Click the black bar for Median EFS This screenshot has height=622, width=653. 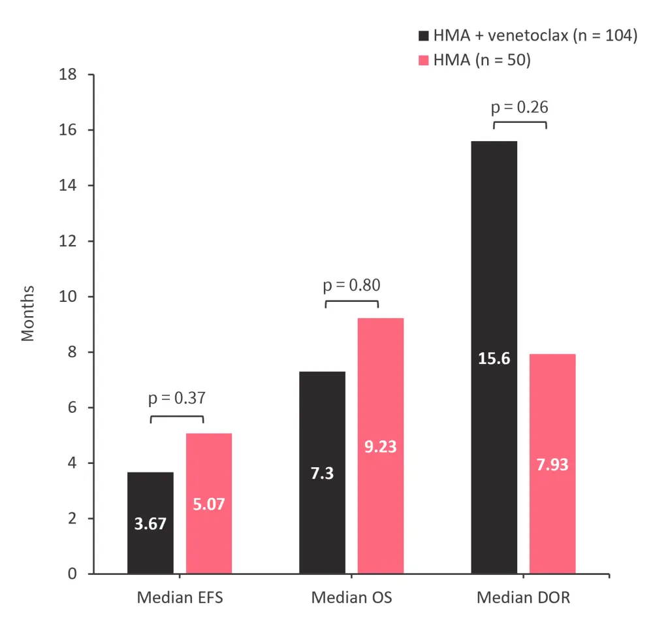(151, 523)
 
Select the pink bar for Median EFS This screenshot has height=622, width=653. (209, 503)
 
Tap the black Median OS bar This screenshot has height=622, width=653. (323, 472)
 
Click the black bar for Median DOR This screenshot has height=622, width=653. (494, 357)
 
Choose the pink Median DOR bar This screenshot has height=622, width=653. (552, 464)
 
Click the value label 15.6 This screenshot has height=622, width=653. (494, 359)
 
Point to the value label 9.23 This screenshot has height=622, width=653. (381, 448)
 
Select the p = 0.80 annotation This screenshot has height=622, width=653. (351, 285)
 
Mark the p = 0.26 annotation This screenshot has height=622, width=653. (519, 106)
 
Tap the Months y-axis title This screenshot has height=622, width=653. (27, 314)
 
